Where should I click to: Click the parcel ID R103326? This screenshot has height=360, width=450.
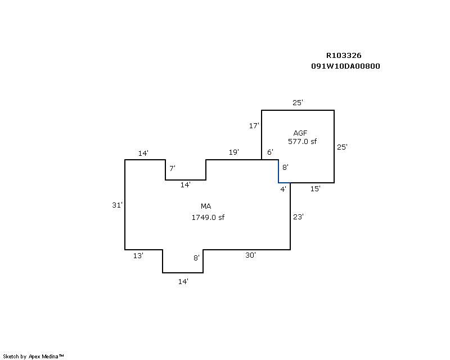344,56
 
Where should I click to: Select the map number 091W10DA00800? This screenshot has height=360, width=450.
345,66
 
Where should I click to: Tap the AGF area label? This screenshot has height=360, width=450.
300,133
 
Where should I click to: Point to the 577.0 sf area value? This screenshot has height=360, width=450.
302,141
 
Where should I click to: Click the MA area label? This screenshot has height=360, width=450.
206,206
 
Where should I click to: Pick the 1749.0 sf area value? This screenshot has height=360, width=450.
208,217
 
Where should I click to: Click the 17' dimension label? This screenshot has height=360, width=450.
254,125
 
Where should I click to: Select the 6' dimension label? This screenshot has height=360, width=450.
270,152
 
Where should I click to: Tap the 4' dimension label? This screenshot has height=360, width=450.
283,189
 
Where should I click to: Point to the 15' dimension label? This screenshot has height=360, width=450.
316,188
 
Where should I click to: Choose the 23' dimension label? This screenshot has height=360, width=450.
299,217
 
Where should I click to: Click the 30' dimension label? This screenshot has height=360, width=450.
250,255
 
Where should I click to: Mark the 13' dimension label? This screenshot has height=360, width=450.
138,255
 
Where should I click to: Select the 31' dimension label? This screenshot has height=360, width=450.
117,205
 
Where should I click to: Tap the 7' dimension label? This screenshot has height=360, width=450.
172,168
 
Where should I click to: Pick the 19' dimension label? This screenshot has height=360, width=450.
234,152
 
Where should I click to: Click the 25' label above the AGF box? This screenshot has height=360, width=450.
298,102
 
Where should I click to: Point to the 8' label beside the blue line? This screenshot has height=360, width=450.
285,167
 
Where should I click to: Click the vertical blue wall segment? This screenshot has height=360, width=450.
278,172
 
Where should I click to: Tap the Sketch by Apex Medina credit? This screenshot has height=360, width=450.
33,357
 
